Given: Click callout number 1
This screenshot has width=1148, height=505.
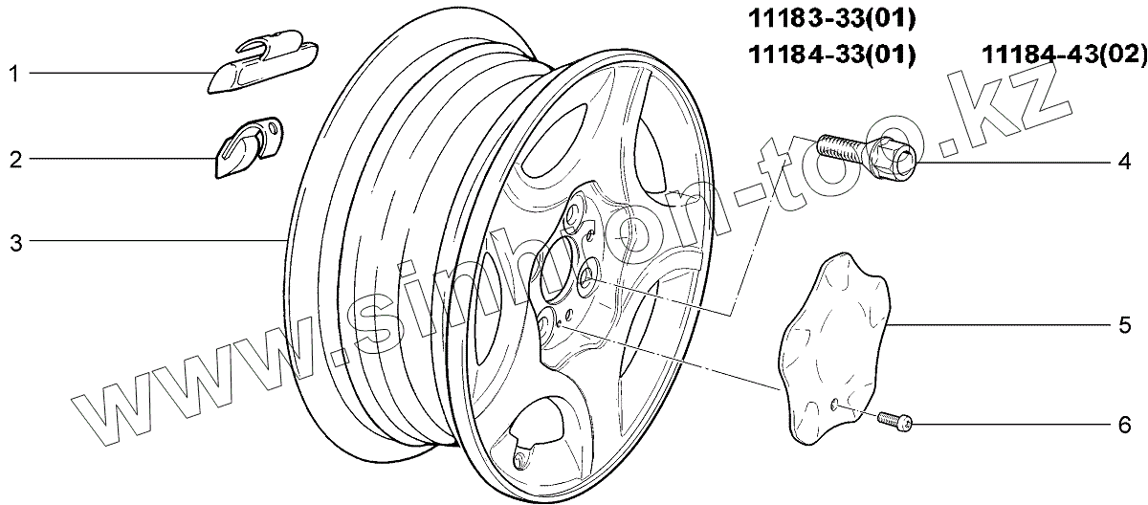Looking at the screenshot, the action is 13,74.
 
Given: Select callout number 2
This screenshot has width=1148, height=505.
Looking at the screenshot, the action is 16,160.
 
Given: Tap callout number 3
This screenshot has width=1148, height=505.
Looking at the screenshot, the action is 16,243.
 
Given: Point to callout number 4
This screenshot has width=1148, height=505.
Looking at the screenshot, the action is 1124,162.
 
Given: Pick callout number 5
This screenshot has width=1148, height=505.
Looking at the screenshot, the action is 1124,325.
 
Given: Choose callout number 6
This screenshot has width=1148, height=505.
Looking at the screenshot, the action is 1124,425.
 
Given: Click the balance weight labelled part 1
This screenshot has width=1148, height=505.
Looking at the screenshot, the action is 263,61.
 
